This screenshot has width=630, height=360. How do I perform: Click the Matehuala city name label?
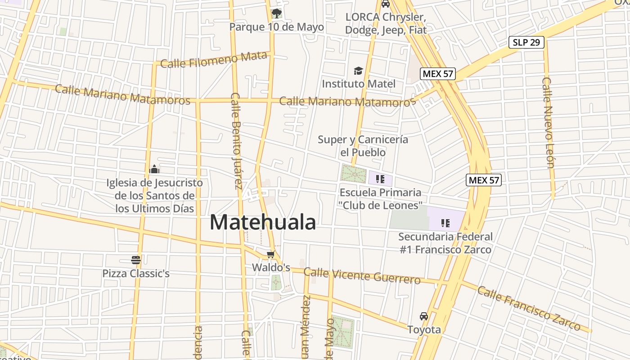click(x=262, y=222)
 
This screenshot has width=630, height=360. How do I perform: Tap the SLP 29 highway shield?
click(x=526, y=43)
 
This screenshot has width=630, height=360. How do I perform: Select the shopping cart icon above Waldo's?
click(x=270, y=255)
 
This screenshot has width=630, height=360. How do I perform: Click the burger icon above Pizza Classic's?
click(x=136, y=260)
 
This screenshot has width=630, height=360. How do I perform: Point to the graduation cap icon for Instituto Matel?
click(x=358, y=71)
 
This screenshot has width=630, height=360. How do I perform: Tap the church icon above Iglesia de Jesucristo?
click(x=154, y=170)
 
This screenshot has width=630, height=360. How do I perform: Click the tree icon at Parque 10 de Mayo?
click(x=277, y=13)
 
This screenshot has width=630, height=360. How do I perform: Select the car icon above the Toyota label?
click(x=424, y=316)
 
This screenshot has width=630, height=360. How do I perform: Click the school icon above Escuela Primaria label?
click(x=380, y=179)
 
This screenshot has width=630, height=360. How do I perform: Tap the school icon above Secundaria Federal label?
click(x=445, y=223)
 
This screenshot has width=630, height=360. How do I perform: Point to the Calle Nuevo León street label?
click(x=548, y=122)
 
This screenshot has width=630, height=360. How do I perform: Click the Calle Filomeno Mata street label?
click(x=214, y=60)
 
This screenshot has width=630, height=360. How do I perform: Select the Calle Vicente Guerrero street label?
click(x=362, y=275)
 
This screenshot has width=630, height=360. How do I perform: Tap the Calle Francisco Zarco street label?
click(x=529, y=308)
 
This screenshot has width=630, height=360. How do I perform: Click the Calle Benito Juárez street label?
click(x=236, y=140)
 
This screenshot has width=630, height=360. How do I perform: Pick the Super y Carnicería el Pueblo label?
click(x=363, y=146)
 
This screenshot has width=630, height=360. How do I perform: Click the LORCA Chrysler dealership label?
click(x=386, y=23)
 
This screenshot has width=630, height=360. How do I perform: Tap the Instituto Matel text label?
click(x=359, y=84)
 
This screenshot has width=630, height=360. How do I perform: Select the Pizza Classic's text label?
click(x=136, y=273)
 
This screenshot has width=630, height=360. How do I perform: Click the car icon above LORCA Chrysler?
click(x=386, y=4)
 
